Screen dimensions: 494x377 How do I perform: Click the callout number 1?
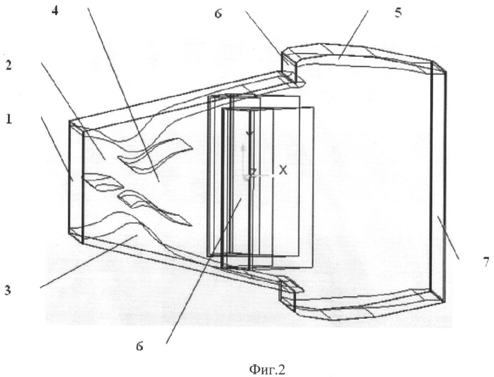click(x=9, y=118)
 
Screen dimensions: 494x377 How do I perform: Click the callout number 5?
click(x=398, y=12)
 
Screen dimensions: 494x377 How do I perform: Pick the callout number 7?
click(x=486, y=262)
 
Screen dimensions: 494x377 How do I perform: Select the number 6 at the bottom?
click(x=139, y=347)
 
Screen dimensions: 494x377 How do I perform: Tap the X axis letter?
click(x=283, y=170)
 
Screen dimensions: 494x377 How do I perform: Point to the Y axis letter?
click(x=249, y=134)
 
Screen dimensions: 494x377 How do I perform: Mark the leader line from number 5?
click(x=354, y=35)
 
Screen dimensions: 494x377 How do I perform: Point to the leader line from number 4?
click(x=124, y=95)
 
